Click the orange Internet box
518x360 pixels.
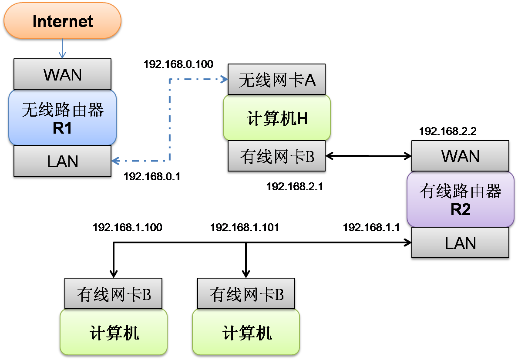(62, 21)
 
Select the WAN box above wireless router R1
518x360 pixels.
(62, 74)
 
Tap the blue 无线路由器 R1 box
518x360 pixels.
(62, 118)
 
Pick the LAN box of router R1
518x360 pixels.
(62, 161)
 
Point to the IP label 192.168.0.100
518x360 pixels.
(178, 64)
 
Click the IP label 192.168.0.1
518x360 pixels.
(152, 177)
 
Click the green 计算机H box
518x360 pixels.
(277, 118)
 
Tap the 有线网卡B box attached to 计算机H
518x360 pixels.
(277, 157)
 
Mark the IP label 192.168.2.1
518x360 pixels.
(295, 187)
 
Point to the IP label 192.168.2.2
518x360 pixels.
(447, 131)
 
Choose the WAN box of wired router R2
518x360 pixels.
(460, 156)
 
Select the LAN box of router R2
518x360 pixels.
(460, 243)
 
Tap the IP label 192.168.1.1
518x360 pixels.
(371, 227)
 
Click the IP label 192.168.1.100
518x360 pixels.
(128, 227)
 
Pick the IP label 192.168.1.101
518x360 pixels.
(245, 227)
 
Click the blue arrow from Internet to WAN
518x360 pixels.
(62, 48)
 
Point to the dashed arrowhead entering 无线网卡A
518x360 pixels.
(225, 79)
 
